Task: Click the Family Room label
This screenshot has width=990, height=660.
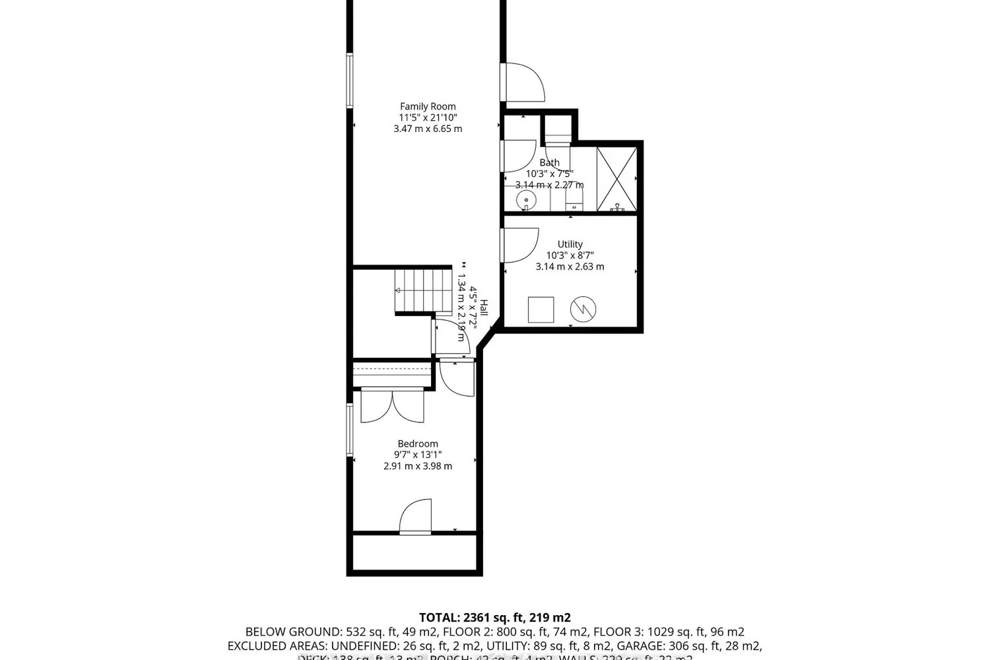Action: [428, 106]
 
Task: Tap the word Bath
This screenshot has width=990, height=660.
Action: [549, 162]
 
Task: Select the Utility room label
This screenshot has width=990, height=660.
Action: [570, 244]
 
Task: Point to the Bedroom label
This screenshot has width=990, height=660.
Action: [417, 444]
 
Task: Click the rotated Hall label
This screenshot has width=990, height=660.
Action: [484, 308]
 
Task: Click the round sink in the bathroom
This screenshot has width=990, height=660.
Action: [526, 200]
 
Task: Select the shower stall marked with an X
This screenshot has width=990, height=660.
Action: [616, 180]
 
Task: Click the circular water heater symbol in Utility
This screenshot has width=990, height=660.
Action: [583, 309]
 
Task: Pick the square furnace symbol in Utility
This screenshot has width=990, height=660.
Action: [541, 310]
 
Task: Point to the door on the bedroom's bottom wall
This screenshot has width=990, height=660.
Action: [415, 517]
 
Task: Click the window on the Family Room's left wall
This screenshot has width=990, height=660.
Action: [350, 81]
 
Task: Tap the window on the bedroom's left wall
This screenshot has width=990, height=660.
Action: [350, 429]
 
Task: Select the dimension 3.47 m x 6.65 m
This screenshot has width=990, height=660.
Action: [428, 129]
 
